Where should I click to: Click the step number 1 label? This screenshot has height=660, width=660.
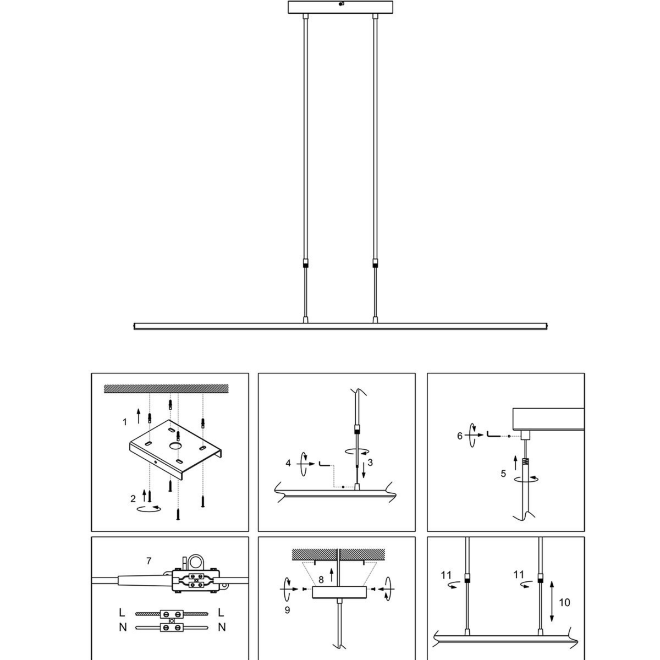click(x=125, y=422)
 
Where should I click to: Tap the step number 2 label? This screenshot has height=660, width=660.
click(x=133, y=499)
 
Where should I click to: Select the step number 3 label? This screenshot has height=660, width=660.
click(x=370, y=463)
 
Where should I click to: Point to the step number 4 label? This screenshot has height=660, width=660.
click(x=288, y=463)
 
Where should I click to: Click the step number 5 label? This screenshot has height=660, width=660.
click(x=503, y=474)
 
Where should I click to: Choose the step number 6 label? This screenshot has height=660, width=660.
click(x=460, y=436)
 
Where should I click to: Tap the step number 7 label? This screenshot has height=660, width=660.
click(x=148, y=561)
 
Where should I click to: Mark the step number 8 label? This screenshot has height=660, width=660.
click(x=321, y=580)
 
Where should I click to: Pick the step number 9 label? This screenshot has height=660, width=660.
click(x=287, y=610)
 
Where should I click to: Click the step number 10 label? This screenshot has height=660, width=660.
click(x=564, y=602)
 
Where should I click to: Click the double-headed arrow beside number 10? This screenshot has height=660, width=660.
click(x=552, y=601)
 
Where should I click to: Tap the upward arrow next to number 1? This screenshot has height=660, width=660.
click(x=139, y=416)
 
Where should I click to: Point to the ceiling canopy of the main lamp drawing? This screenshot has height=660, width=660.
click(x=340, y=7)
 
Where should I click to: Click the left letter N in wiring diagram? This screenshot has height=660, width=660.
click(x=123, y=627)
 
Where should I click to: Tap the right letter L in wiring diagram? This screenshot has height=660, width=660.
click(x=221, y=612)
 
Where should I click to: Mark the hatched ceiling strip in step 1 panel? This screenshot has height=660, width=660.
click(x=166, y=388)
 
